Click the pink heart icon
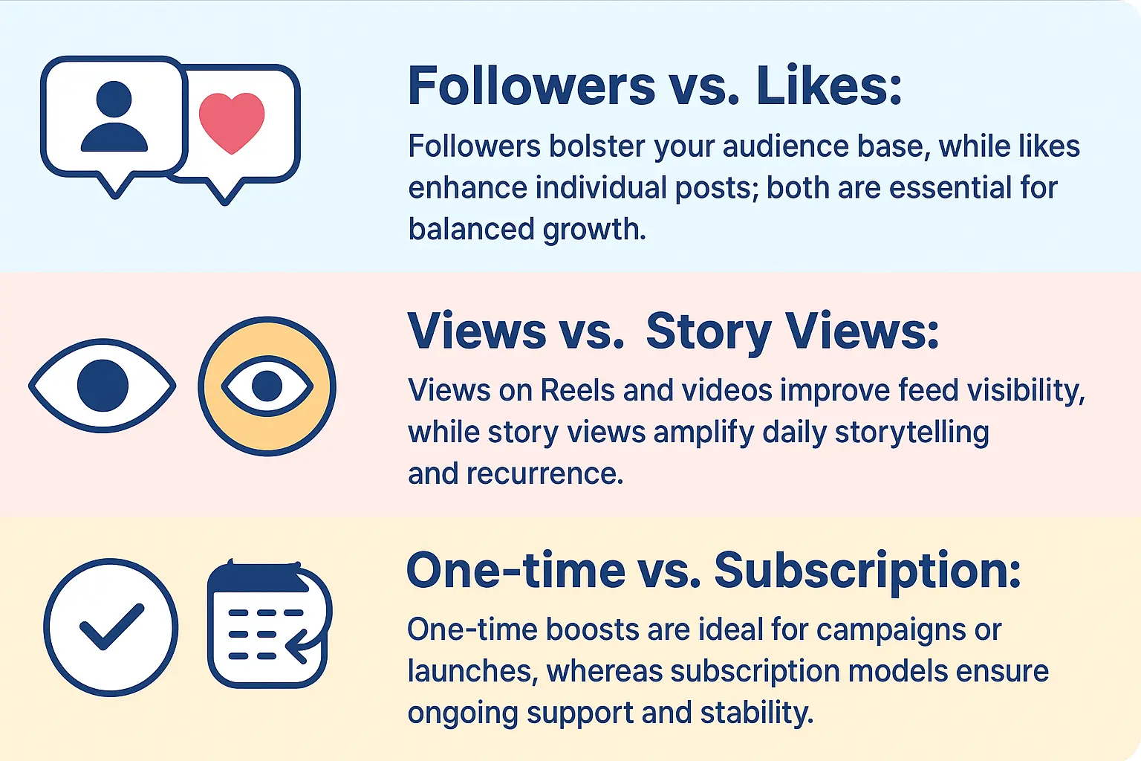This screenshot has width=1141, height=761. pos(232,122)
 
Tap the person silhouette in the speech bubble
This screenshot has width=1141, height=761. pos(114,117)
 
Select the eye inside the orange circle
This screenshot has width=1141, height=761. pos(267,386)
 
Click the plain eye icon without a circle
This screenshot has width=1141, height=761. pos(103,386)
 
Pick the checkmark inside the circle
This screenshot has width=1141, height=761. pos(111,627)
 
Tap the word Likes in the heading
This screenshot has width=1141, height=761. pos(828,86)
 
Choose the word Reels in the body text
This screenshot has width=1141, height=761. pos(577,390)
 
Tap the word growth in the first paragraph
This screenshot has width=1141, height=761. pos(594,230)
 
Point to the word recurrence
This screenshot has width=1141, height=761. pos(545,473)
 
